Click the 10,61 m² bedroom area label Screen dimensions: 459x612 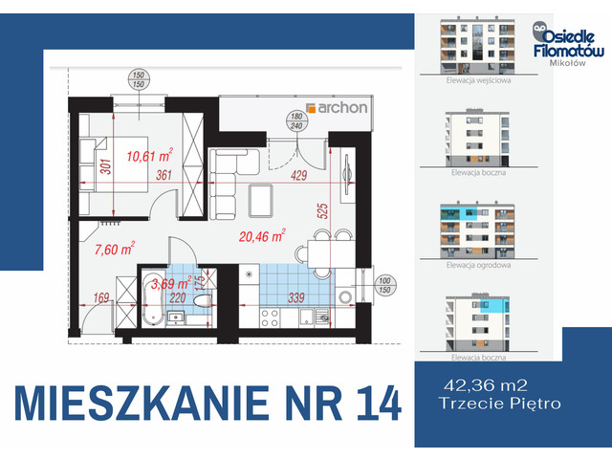[x=149, y=153]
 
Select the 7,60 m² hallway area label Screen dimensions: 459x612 [x=114, y=250]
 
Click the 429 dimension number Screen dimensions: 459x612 [x=299, y=175]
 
